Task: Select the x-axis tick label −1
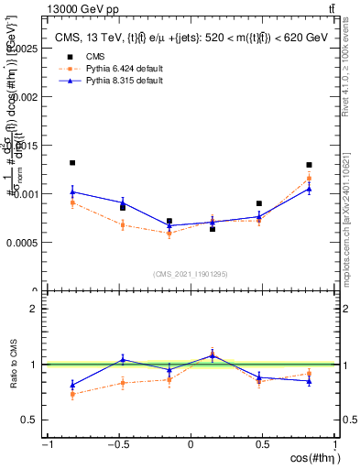[x=46, y=444]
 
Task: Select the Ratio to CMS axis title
[x=12, y=365]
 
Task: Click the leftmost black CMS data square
[x=72, y=163]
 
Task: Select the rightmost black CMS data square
[x=310, y=165]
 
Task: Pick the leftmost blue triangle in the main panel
[x=72, y=191]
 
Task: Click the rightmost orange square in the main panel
[x=310, y=178]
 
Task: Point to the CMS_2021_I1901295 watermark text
[x=191, y=274]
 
